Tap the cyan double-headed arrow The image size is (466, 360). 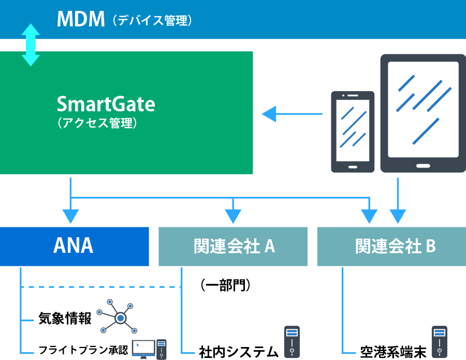click(31, 45)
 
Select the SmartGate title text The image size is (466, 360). click(106, 104)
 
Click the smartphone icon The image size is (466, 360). click(353, 132)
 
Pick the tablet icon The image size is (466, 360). click(423, 113)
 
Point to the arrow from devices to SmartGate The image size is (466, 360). click(292, 114)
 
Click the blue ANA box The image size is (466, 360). click(74, 247)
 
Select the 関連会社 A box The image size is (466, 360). click(233, 247)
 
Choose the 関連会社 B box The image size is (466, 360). click(392, 247)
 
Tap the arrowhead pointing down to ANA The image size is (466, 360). click(71, 216)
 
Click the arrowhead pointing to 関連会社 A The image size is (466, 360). click(233, 216)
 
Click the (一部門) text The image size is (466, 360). click(226, 285)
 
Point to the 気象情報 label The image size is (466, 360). click(65, 319)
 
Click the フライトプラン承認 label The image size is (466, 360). click(83, 350)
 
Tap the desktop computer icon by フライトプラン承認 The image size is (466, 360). click(149, 349)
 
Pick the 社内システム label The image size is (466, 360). click(239, 352)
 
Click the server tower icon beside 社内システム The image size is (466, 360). click(292, 342)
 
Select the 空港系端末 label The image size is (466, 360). click(393, 352)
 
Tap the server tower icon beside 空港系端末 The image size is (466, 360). click(440, 342)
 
